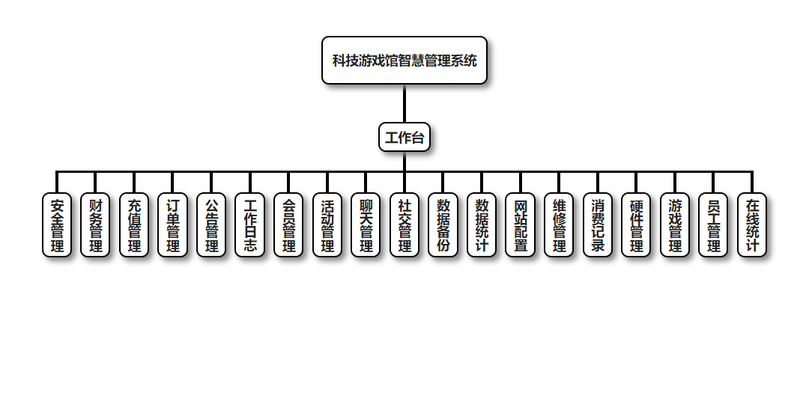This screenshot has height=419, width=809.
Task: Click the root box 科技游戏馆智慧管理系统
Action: (404, 61)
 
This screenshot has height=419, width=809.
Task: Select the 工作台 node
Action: (404, 137)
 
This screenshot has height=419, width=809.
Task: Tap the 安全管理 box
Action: (57, 225)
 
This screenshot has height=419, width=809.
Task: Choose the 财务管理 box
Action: (95, 225)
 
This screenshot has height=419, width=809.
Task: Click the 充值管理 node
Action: (134, 225)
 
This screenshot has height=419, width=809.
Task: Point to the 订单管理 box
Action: (173, 225)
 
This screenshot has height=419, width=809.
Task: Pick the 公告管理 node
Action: (211, 225)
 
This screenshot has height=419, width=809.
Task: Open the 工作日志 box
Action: (250, 225)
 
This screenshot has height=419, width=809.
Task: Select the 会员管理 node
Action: (288, 225)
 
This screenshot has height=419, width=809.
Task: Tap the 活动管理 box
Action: (327, 225)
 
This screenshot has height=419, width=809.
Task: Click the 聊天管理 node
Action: (366, 225)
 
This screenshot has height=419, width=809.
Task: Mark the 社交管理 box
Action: (404, 225)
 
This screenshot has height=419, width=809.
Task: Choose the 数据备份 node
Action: (443, 225)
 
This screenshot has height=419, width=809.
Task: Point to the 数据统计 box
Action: (482, 225)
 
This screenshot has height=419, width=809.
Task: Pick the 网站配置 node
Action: (521, 225)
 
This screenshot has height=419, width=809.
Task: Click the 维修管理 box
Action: (559, 225)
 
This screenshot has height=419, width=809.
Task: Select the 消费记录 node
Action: (598, 225)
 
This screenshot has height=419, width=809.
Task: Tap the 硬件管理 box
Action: (636, 225)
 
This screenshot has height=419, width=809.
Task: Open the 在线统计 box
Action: (752, 225)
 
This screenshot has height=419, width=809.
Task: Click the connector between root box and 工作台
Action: (404, 103)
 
